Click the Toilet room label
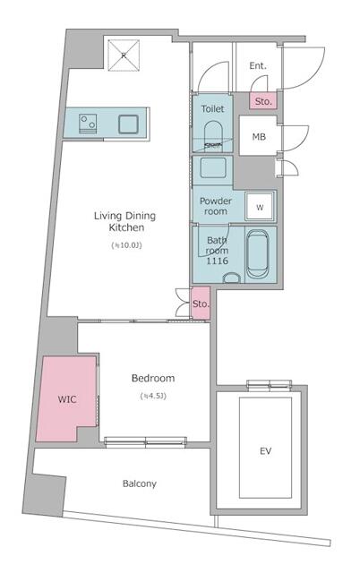click(212, 108)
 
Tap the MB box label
click(258, 136)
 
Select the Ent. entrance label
click(258, 65)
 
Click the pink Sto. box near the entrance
click(263, 102)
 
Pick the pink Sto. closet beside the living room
click(201, 304)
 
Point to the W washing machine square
click(261, 207)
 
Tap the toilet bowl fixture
click(213, 136)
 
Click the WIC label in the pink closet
click(66, 398)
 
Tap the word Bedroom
click(153, 378)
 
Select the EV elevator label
click(266, 450)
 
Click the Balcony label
click(139, 483)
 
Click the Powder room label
click(216, 206)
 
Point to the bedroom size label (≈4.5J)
click(153, 396)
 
